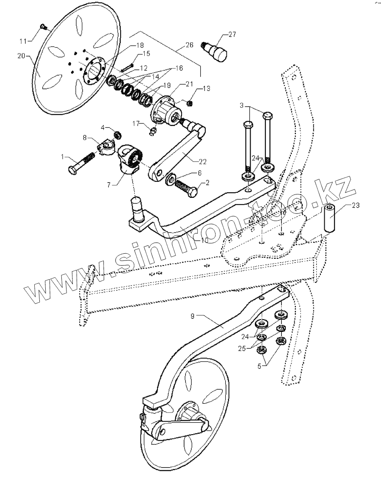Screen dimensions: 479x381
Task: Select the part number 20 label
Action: [21, 56]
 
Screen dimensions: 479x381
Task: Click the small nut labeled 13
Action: [190, 103]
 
